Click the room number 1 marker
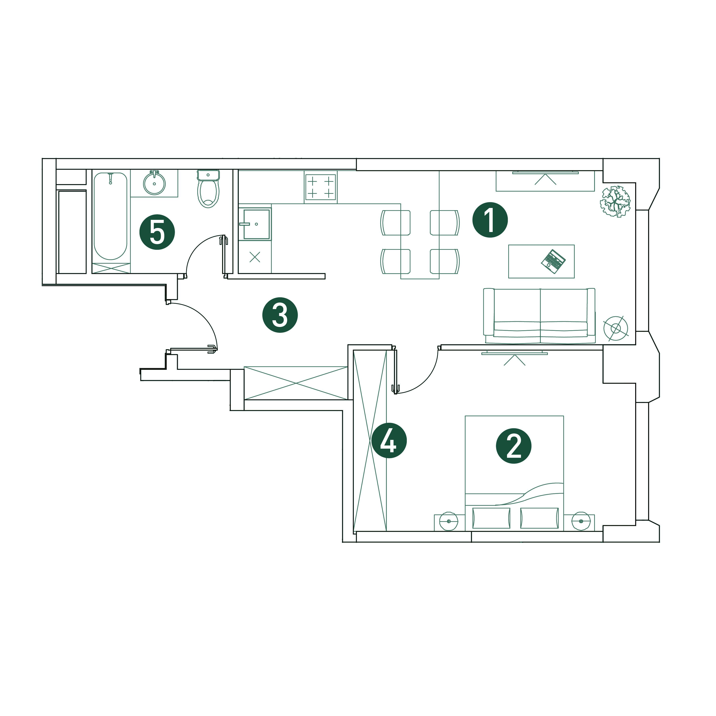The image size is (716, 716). coord(490,220)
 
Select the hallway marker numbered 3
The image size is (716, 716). coord(280,315)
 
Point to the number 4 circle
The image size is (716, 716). coord(389,441)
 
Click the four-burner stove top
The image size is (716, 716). coord(321,187)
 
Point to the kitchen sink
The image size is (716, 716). coord(255,224)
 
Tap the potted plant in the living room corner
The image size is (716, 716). coord(615,202)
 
